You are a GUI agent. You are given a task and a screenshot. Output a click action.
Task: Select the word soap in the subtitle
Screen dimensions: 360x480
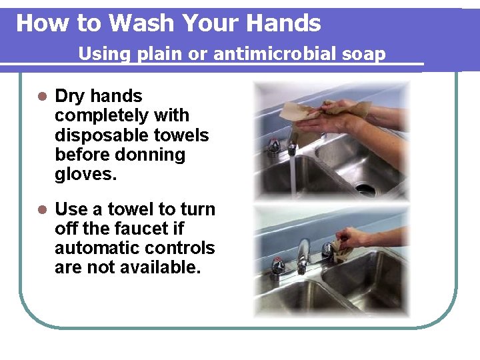click(364, 54)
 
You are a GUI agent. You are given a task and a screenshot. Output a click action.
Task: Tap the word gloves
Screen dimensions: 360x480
click(85, 175)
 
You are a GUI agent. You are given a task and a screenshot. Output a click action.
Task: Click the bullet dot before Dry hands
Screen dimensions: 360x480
click(41, 97)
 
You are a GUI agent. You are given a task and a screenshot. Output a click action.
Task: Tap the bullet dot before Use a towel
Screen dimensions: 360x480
click(41, 210)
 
